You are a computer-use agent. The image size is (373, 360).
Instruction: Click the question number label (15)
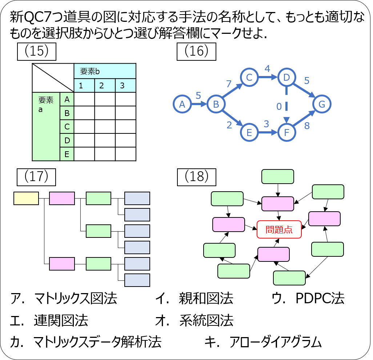[x=37, y=51]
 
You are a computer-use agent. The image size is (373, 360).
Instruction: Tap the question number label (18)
[x=196, y=176]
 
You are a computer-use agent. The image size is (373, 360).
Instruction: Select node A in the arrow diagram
[x=182, y=105]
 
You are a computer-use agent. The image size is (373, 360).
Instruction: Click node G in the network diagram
[x=322, y=105]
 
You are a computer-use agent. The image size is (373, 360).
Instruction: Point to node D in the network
[x=287, y=78]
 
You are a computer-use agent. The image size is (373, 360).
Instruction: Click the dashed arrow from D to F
[x=287, y=105]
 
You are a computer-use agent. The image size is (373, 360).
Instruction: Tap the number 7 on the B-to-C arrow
[x=229, y=84]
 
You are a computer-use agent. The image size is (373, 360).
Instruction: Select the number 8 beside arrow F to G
[x=307, y=126]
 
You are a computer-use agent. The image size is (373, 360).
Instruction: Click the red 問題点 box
[x=279, y=229]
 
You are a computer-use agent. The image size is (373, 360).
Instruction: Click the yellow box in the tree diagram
[x=26, y=199]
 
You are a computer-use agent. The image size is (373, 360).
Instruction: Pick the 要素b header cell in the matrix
[x=105, y=71]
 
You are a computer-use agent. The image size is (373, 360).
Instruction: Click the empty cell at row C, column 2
[x=105, y=127]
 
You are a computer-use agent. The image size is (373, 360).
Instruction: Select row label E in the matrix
[x=67, y=154]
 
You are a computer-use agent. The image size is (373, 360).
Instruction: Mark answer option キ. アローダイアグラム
[x=264, y=342]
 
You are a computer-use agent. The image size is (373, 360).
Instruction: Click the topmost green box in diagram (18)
[x=278, y=176]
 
